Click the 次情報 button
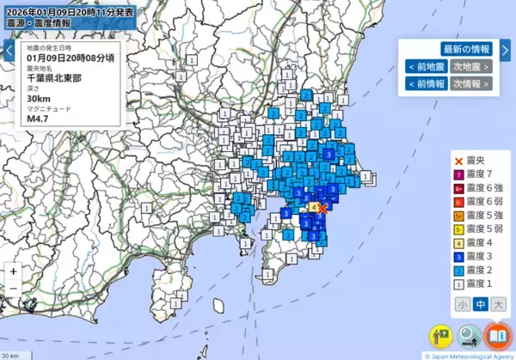pyautogui.click(x=472, y=83)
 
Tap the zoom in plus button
pyautogui.click(x=14, y=271)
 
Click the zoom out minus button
pyautogui.click(x=14, y=289)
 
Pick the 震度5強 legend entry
pyautogui.click(x=479, y=216)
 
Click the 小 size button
pyautogui.click(x=463, y=303)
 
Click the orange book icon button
pyautogui.click(x=496, y=335)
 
